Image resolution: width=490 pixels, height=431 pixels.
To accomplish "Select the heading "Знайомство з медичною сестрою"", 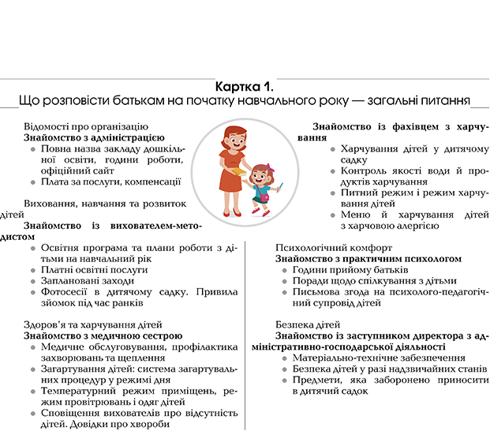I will coord(97,335).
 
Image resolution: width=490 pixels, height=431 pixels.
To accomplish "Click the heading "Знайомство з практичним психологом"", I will coord(368,258).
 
